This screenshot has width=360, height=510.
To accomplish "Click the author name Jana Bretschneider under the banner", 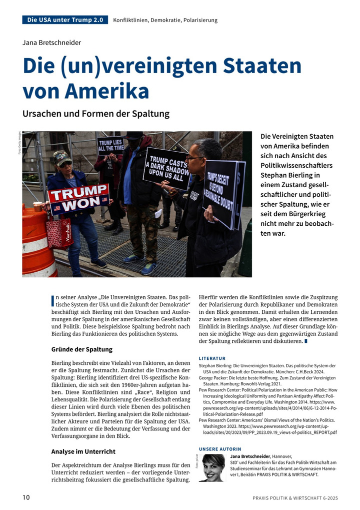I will (x=51, y=43).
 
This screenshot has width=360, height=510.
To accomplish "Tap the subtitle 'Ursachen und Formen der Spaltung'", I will (x=96, y=114).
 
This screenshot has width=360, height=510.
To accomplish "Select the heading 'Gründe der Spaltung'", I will (x=82, y=349).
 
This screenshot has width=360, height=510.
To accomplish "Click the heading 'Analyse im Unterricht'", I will (x=83, y=451).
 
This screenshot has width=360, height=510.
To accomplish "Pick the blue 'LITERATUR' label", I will (x=212, y=358).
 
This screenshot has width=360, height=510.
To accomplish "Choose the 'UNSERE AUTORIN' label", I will (x=220, y=449).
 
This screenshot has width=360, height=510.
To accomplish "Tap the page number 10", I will (x=26, y=497).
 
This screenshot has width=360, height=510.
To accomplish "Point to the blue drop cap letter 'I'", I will (x=53, y=301).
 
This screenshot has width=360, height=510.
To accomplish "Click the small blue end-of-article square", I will (x=306, y=341).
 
